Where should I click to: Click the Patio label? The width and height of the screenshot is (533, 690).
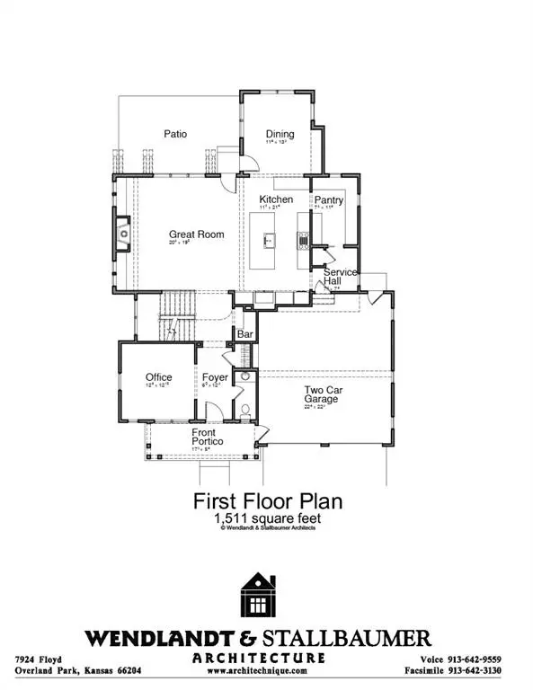(x=174, y=134)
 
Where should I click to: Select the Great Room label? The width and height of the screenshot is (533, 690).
(x=196, y=234)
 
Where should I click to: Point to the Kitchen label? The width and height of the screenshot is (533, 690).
(x=276, y=199)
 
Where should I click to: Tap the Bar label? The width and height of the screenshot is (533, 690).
(x=244, y=334)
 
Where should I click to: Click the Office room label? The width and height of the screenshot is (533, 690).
(x=158, y=377)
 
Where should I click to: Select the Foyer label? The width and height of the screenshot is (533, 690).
(x=214, y=377)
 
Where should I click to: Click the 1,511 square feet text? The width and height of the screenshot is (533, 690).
(x=266, y=517)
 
